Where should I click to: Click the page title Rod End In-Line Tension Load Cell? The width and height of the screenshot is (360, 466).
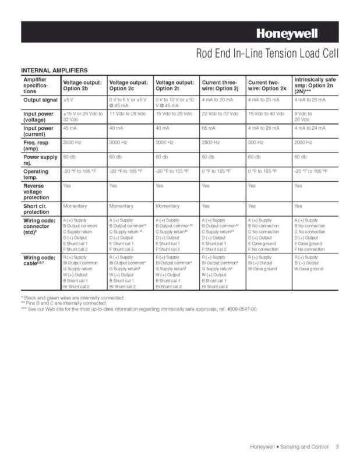click(267, 55)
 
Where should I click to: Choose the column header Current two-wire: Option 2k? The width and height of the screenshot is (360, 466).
click(267, 86)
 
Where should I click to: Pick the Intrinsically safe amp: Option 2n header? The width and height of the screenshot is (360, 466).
click(315, 85)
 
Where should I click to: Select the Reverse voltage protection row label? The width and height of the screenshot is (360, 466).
click(37, 192)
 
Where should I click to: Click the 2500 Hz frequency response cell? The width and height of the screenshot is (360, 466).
click(211, 142)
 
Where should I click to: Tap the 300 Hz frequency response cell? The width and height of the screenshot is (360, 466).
click(256, 142)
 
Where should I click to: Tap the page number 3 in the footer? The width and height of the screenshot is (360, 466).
click(337, 447)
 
